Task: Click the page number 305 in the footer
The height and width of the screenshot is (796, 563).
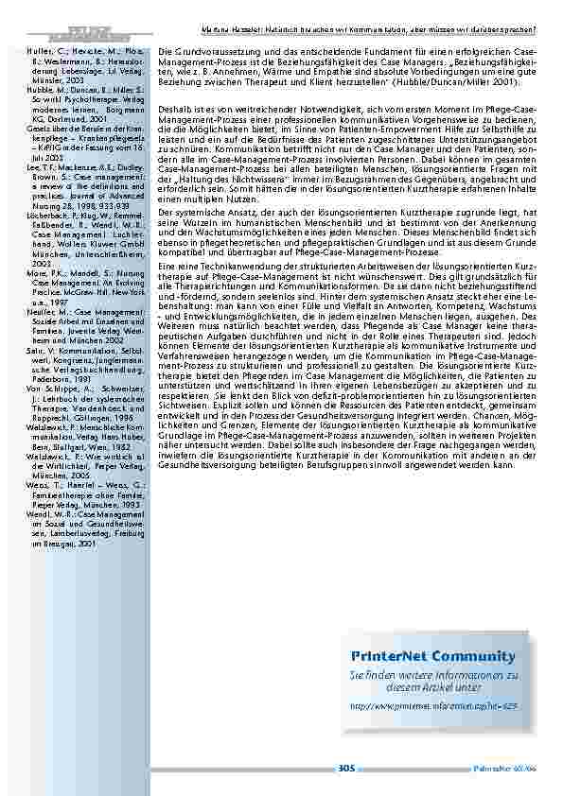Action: click(346, 769)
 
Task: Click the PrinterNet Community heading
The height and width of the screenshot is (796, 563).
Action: click(432, 656)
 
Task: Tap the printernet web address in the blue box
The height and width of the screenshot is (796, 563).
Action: click(433, 706)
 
